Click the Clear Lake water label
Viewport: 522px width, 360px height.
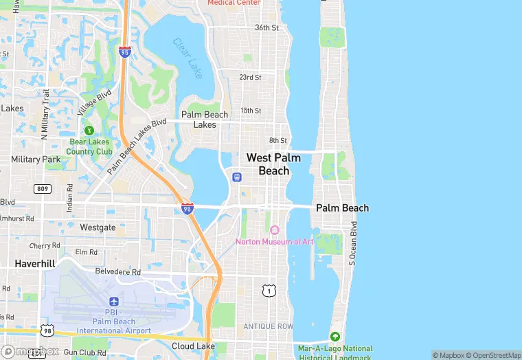[188, 58]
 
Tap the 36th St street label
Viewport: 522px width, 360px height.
[266, 28]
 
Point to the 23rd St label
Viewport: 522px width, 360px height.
[250, 78]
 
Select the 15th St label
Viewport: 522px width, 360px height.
[251, 111]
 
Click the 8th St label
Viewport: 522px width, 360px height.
[277, 141]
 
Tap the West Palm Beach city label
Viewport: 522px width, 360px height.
[273, 164]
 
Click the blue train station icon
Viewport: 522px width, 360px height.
[236, 177]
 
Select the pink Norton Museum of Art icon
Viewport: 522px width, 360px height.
[275, 230]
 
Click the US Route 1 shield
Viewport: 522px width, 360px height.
[269, 291]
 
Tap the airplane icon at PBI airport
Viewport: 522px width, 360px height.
[113, 302]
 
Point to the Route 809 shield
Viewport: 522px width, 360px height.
[43, 188]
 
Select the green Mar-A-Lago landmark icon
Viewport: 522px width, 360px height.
[334, 337]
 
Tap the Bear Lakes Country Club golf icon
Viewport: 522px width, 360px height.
[89, 130]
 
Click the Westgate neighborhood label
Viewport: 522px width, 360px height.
[98, 227]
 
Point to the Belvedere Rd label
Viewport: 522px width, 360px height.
[117, 271]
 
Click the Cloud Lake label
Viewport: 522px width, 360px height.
[193, 346]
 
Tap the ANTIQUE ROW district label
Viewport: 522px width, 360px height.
[268, 326]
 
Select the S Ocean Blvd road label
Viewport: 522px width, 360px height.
[352, 243]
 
